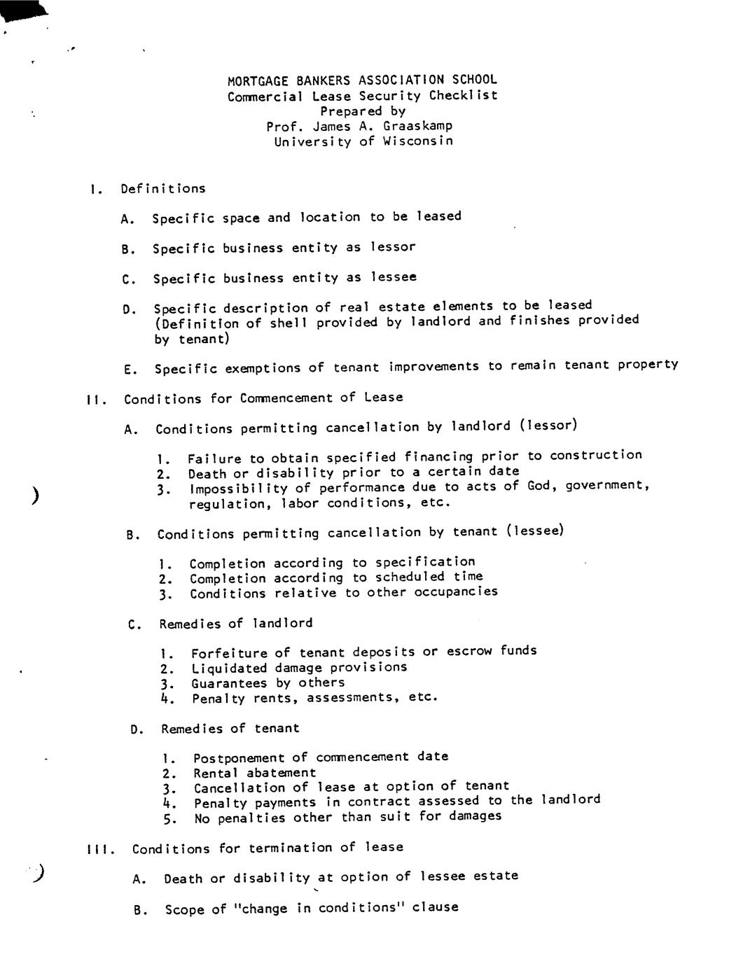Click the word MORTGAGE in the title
254,80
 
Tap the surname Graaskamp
417,126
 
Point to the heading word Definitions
163,188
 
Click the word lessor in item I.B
393,247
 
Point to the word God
542,485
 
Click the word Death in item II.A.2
207,473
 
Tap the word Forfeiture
229,652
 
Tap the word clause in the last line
435,907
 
